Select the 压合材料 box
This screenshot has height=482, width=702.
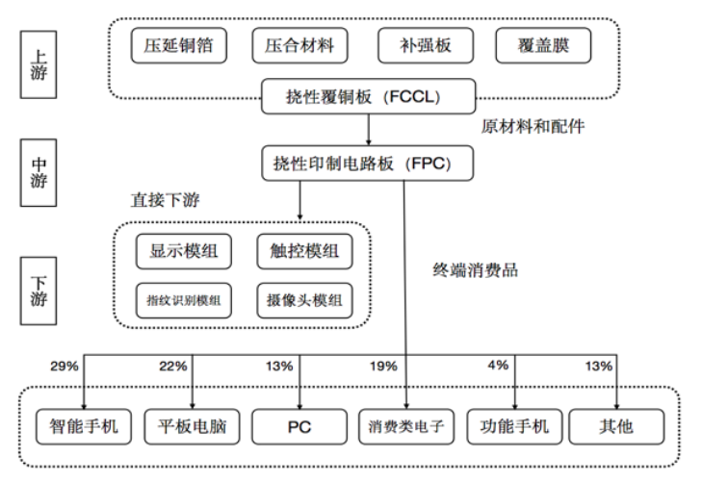click(299, 45)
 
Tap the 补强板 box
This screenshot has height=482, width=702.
click(423, 45)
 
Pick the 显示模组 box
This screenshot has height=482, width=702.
click(184, 252)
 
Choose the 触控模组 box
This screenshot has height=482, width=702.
click(304, 252)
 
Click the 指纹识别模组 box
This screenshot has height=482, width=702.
click(184, 300)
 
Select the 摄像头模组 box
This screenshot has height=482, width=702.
click(304, 300)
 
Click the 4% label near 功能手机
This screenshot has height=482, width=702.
click(497, 366)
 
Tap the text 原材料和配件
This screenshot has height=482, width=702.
click(532, 126)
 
